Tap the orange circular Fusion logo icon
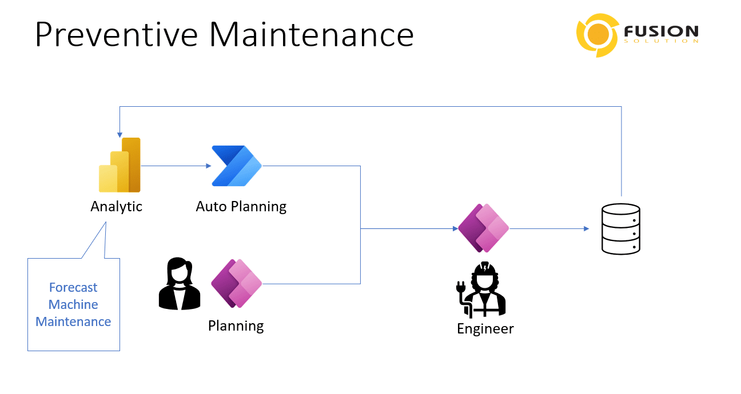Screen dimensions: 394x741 pos(597,34)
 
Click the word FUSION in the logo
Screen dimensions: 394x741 pos(661,31)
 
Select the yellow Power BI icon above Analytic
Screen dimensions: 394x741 pos(120,166)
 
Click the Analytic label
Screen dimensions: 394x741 pos(116,206)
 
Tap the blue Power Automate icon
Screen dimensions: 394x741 pos(236,166)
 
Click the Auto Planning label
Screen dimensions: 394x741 pos(241,206)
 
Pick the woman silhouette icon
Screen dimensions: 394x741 pos(179,284)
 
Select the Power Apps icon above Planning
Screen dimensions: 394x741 pos(236,284)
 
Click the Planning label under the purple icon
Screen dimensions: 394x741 pos(236,326)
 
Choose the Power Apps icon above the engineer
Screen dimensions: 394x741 pos(483,228)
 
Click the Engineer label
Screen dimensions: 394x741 pos(485,329)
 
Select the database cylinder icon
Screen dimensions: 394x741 pos(620,228)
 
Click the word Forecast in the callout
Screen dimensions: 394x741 pos(73,287)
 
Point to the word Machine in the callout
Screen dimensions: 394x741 pos(73,304)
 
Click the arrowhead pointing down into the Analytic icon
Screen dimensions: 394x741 pos(119,135)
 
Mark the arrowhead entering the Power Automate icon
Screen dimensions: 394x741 pos(209,166)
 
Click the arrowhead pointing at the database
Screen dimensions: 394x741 pos(586,228)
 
